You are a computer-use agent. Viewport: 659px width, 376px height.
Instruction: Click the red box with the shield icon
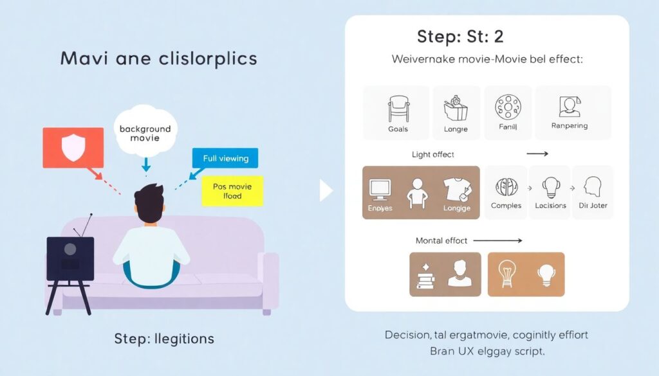tap(73, 147)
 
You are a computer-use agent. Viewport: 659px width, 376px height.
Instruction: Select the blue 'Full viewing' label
tap(225, 158)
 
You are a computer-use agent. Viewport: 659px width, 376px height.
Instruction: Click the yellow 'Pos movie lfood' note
tap(232, 191)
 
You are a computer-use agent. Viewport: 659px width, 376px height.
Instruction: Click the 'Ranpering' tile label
tap(569, 126)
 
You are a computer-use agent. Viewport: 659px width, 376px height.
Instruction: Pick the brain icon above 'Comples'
tap(506, 188)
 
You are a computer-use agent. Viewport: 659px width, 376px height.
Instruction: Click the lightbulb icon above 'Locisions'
tap(550, 188)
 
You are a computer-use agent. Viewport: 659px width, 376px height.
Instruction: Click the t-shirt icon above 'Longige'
tap(456, 188)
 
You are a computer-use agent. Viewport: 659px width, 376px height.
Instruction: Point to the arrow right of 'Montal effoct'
tap(499, 240)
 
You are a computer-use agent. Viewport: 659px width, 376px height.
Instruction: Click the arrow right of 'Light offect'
tap(537, 154)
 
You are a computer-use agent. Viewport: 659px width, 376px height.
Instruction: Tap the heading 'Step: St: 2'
tap(459, 36)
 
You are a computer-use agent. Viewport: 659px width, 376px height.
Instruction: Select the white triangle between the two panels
tap(326, 190)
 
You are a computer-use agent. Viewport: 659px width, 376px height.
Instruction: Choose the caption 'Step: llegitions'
tap(163, 338)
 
